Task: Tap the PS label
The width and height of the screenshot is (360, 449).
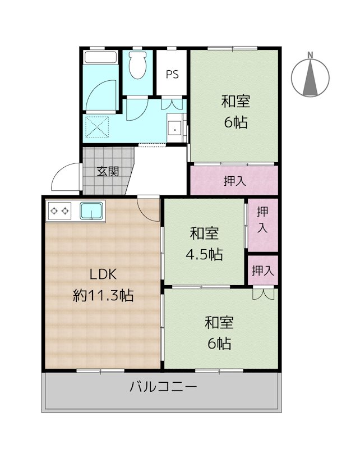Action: point(172,74)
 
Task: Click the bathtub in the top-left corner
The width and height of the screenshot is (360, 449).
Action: point(100,58)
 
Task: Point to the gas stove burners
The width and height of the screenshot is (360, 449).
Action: point(60,211)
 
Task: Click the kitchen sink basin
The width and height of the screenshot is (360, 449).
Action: point(91,211)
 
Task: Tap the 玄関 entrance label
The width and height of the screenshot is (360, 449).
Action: point(107,172)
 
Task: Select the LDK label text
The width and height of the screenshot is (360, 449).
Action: point(103,274)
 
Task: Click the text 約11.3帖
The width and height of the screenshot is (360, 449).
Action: point(103,295)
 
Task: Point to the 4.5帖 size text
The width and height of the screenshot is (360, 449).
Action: point(204,254)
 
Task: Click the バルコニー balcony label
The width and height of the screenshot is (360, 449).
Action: point(163,387)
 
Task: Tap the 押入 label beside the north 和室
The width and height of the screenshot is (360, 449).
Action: point(234,181)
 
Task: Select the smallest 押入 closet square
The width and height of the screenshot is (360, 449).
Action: point(262,271)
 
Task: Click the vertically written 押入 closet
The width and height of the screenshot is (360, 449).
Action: point(262,219)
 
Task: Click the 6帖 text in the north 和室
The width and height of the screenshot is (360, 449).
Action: point(236,122)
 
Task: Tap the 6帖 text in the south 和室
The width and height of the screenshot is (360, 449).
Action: point(219,343)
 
